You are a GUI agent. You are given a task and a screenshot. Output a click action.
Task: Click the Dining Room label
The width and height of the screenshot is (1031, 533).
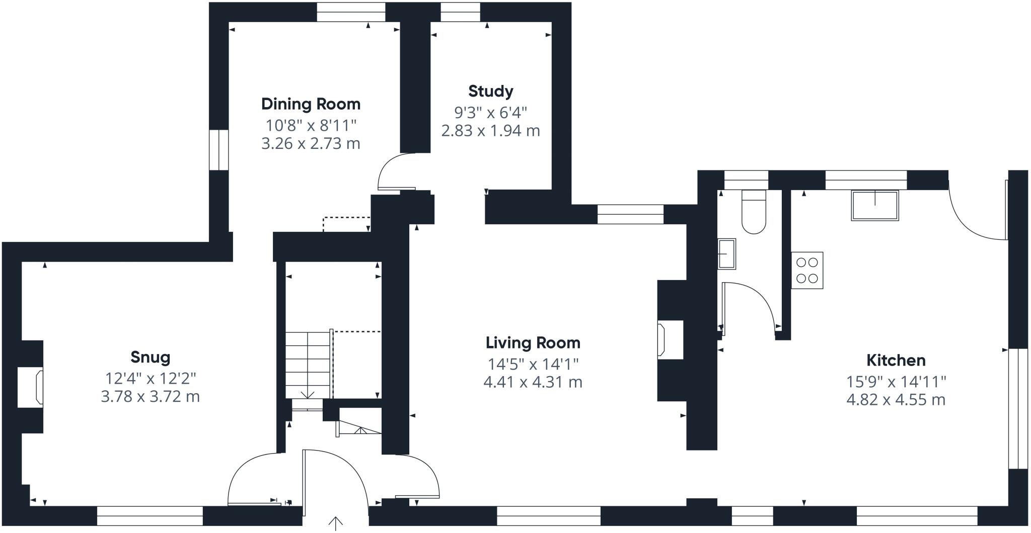[311, 104]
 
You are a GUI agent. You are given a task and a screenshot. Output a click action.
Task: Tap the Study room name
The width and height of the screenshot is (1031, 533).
[490, 91]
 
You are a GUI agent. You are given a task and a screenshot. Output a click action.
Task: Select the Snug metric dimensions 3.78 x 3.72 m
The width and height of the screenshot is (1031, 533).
[150, 397]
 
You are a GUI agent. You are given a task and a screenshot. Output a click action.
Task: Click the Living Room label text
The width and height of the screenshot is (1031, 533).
[533, 343]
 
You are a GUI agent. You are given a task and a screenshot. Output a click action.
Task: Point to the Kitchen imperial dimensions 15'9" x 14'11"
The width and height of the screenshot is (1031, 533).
[896, 382]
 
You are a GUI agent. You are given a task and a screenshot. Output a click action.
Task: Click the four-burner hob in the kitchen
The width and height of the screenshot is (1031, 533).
[807, 270]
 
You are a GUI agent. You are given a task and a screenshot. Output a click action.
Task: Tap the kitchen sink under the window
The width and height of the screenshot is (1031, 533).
[875, 205]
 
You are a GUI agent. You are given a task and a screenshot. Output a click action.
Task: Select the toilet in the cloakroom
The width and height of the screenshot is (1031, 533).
[754, 212]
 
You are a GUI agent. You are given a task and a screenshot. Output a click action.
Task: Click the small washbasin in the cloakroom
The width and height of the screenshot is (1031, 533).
[726, 254]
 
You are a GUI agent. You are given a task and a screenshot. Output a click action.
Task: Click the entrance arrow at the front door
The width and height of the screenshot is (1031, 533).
[335, 523]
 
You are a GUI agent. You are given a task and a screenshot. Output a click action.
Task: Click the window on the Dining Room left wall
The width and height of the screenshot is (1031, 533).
[219, 150]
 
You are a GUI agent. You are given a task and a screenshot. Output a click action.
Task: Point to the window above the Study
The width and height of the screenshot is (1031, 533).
[460, 13]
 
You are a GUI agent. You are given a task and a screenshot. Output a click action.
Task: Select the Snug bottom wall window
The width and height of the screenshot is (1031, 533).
[150, 516]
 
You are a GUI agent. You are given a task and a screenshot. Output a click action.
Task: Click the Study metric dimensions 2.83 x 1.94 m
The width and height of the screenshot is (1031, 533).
[490, 131]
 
